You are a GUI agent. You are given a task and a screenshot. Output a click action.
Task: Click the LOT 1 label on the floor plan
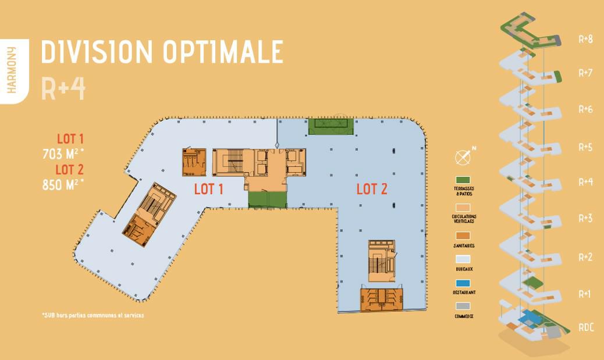click(x=209, y=189)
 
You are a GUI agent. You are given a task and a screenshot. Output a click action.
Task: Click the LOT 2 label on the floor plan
click(x=372, y=189)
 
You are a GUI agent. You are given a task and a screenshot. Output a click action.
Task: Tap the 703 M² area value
click(x=63, y=154)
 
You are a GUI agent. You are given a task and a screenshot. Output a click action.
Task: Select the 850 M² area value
click(x=63, y=184)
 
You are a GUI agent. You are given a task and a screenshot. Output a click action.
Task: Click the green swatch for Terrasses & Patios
click(x=463, y=180)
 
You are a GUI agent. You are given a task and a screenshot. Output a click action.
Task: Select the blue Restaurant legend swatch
click(x=463, y=283)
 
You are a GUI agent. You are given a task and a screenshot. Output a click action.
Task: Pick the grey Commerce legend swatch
click(x=463, y=306)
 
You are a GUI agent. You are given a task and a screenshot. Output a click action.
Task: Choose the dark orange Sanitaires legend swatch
click(x=463, y=236)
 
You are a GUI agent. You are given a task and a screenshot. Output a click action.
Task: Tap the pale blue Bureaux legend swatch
click(x=463, y=259)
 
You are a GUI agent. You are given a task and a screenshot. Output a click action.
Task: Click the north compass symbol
click(x=463, y=157)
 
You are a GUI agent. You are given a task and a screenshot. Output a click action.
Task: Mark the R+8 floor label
click(x=585, y=40)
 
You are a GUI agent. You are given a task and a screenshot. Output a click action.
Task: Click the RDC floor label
click(x=586, y=328)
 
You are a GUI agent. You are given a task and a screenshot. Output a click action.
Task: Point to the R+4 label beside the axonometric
click(x=585, y=182)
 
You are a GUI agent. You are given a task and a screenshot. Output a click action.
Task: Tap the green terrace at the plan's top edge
click(x=330, y=126)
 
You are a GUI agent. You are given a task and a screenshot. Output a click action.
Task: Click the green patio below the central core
click(x=267, y=199)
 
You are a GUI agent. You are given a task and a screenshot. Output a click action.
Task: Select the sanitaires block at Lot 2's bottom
click(x=382, y=300)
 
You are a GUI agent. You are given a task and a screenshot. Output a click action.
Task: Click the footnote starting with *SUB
click(x=93, y=316)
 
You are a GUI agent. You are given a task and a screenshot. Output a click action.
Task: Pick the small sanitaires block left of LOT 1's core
click(x=194, y=162)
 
